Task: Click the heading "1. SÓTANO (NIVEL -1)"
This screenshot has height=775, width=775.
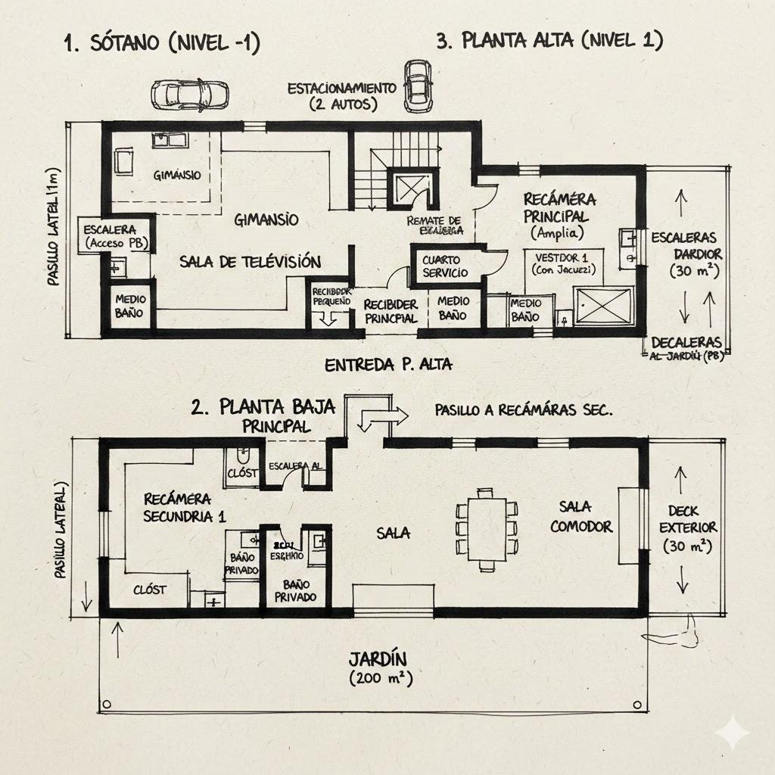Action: click(x=161, y=44)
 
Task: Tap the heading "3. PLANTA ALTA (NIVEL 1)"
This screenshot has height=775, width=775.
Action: click(x=549, y=41)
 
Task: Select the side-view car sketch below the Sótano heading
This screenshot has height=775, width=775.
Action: click(x=189, y=93)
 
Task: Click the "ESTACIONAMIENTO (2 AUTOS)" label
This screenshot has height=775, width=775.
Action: click(x=342, y=96)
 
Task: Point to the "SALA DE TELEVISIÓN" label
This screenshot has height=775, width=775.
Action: click(x=251, y=262)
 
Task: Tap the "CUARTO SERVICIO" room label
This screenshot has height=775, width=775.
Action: click(x=445, y=266)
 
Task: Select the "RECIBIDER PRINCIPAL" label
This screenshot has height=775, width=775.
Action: click(x=390, y=310)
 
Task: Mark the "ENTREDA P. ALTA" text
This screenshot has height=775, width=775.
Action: click(x=388, y=365)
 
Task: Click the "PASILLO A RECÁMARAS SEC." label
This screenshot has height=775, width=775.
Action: click(x=524, y=409)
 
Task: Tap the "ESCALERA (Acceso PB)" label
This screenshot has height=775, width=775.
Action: click(x=116, y=235)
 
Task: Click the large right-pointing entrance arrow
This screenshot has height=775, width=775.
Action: click(x=382, y=416)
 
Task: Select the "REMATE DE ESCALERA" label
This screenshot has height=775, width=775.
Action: click(x=434, y=224)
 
